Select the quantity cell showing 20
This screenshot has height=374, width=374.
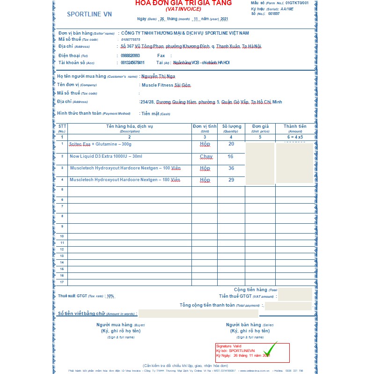tap(231, 144)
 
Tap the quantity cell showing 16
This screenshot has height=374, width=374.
tap(230, 156)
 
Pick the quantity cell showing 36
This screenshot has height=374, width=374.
tap(231, 168)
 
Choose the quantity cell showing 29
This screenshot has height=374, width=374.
tap(231, 180)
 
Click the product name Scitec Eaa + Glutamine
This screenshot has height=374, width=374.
tap(100, 144)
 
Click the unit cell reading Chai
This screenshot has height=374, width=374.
tap(206, 156)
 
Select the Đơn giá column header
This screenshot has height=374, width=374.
tap(260, 126)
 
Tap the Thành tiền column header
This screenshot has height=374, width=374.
tap(295, 126)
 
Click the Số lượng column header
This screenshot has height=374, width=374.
tap(231, 126)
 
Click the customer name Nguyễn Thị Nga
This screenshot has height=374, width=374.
tap(158, 76)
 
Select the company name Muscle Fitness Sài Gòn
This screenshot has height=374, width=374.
tap(166, 85)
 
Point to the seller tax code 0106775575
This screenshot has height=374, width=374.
tap(131, 40)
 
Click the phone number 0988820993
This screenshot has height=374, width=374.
tap(130, 55)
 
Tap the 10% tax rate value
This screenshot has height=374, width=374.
tap(110, 296)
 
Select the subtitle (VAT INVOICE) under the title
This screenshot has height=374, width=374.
tap(183, 9)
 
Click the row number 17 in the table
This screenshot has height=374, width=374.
tap(62, 282)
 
